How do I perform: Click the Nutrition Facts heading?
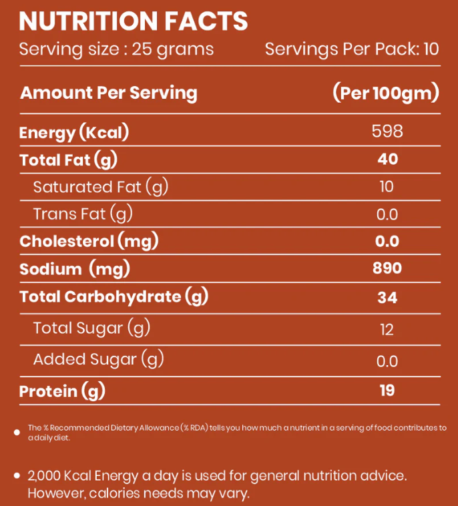pyautogui.click(x=133, y=21)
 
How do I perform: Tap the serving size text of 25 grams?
pyautogui.click(x=116, y=49)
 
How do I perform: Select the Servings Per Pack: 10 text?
pyautogui.click(x=352, y=49)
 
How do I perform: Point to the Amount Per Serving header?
pyautogui.click(x=109, y=93)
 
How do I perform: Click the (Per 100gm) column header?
pyautogui.click(x=386, y=93)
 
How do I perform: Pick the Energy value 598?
pyautogui.click(x=387, y=131)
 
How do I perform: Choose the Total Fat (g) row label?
pyautogui.click(x=68, y=160)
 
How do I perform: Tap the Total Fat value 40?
pyautogui.click(x=387, y=159)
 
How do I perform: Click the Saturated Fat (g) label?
pyautogui.click(x=100, y=187)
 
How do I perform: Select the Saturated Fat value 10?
pyautogui.click(x=387, y=186)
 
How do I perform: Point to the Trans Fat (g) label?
pyautogui.click(x=83, y=214)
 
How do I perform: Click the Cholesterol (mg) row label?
pyautogui.click(x=89, y=241)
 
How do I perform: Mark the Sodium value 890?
pyautogui.click(x=387, y=268)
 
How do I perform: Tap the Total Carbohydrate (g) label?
pyautogui.click(x=113, y=296)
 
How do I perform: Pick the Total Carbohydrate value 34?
pyautogui.click(x=387, y=297)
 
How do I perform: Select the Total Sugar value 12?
pyautogui.click(x=387, y=329)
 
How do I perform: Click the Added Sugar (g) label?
pyautogui.click(x=98, y=359)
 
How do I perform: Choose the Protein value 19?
pyautogui.click(x=387, y=391)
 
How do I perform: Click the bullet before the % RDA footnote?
pyautogui.click(x=17, y=433)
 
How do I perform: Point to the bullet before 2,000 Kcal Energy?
pyautogui.click(x=17, y=476)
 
